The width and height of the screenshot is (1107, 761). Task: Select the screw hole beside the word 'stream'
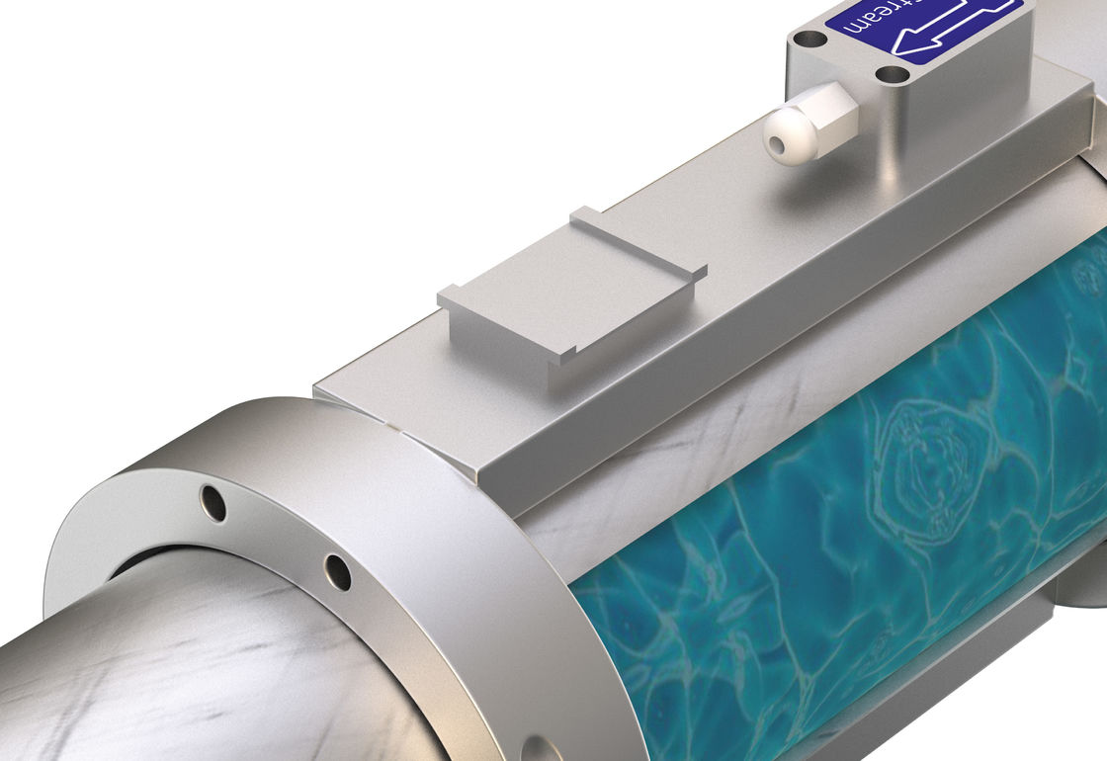coord(809,40)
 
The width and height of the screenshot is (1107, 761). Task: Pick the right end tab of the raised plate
coord(698,269)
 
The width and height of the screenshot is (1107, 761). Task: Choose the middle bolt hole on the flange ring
coord(337,571)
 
